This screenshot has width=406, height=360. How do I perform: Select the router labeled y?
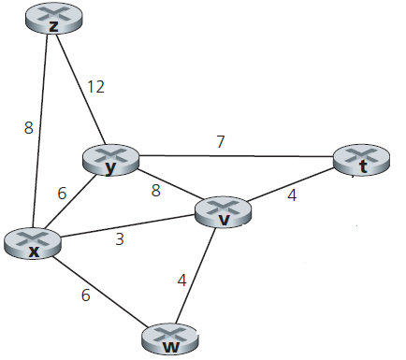point(110,161)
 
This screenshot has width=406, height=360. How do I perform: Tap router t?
point(360,162)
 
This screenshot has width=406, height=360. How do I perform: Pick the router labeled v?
point(225,212)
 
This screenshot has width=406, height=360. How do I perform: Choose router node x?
point(33,243)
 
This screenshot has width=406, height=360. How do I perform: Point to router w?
point(171,338)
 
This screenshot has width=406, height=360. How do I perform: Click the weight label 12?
point(95,87)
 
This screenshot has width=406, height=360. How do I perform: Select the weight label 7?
point(221,142)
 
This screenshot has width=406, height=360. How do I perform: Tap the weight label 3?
point(120,238)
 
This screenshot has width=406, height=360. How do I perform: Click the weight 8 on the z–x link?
point(29,129)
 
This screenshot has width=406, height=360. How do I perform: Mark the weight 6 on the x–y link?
point(62,194)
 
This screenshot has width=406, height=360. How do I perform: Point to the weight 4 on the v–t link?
point(292,195)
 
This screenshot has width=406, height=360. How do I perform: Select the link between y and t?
point(234,156)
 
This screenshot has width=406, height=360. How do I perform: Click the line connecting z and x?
point(43,131)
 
